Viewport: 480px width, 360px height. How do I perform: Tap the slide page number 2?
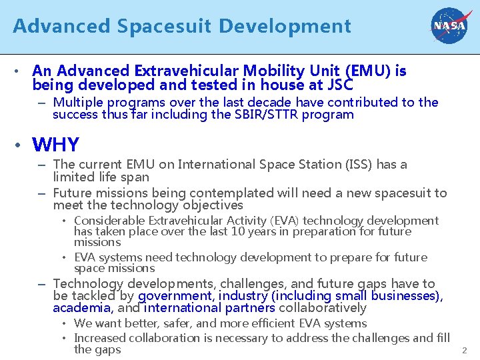(x=464, y=350)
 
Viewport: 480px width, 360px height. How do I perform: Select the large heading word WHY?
(x=55, y=144)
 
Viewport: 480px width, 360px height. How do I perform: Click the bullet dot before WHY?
(x=22, y=145)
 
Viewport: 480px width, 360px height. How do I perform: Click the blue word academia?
(x=81, y=308)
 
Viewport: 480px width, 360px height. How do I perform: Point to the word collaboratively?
(x=323, y=308)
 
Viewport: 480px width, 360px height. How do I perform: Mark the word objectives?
(x=211, y=205)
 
